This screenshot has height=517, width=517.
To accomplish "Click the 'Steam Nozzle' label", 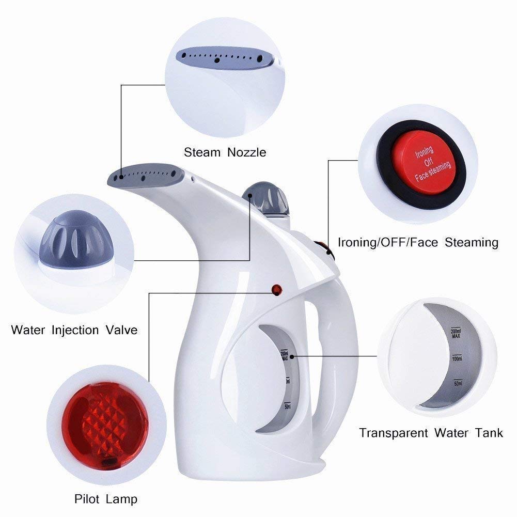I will coord(225,152).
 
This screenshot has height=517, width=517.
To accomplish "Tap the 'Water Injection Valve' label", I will coord(74,329).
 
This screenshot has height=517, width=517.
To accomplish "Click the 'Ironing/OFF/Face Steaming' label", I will coord(418,242).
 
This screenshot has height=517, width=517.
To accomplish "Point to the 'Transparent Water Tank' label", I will coord(431,432).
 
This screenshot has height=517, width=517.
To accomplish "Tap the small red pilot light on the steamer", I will coord(276,290).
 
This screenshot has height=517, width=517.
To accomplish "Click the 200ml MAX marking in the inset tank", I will coord(456,334).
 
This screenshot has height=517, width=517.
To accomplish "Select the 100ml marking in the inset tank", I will coord(457,358).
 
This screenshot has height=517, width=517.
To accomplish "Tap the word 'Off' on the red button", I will coord(427,162).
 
